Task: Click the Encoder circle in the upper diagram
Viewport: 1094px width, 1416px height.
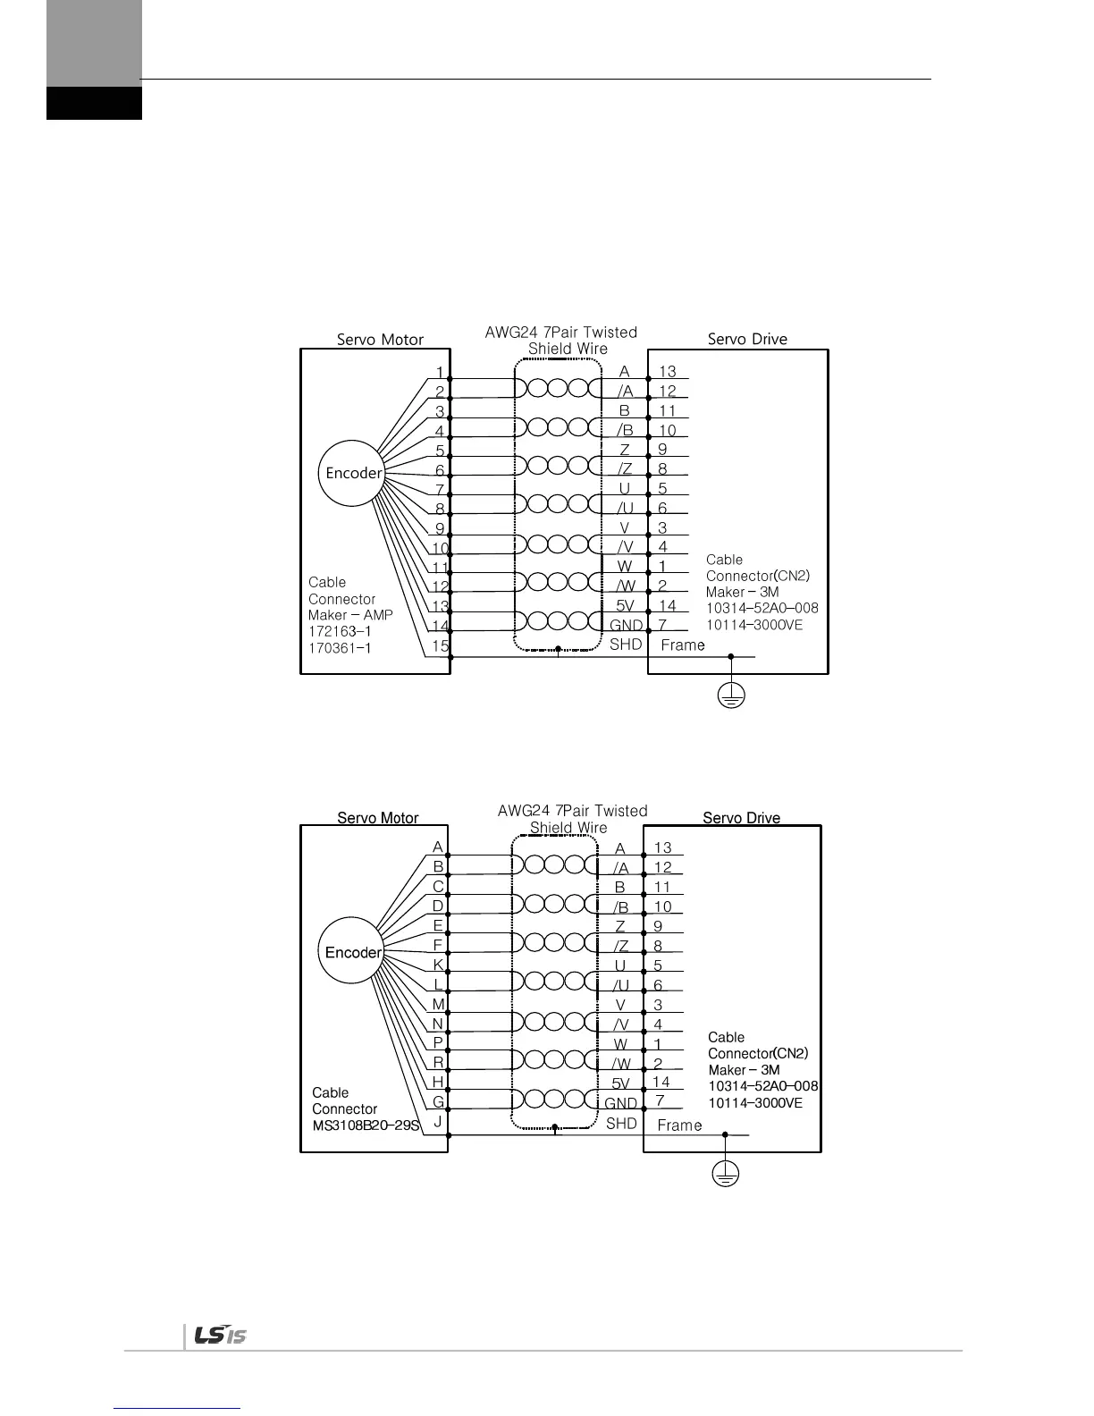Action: [353, 473]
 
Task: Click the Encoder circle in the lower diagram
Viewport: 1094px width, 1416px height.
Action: [353, 952]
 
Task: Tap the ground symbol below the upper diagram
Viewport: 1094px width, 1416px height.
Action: [731, 696]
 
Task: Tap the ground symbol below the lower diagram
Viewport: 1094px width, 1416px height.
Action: [725, 1176]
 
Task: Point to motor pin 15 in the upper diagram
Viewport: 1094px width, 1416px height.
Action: [440, 645]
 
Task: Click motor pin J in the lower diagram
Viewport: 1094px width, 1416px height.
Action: [437, 1122]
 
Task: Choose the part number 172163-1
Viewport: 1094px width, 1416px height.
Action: [340, 631]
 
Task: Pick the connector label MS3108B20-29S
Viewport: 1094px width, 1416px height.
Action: [366, 1125]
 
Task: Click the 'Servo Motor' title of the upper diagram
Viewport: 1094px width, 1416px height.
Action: [380, 340]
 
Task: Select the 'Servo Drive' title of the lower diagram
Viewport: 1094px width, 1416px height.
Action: [741, 818]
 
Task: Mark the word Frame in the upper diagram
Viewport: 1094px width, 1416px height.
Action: [683, 645]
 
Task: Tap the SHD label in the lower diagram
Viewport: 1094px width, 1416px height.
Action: [621, 1124]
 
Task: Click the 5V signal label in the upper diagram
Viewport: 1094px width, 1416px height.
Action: [625, 606]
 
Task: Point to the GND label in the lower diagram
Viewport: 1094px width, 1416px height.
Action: [621, 1104]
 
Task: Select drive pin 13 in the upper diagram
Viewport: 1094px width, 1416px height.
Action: [667, 372]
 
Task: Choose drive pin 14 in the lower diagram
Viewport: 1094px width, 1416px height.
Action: [661, 1082]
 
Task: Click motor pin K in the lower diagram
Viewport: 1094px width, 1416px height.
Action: [438, 965]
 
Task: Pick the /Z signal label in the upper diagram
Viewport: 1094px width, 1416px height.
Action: [625, 469]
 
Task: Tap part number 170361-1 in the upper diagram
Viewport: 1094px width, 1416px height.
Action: [340, 647]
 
